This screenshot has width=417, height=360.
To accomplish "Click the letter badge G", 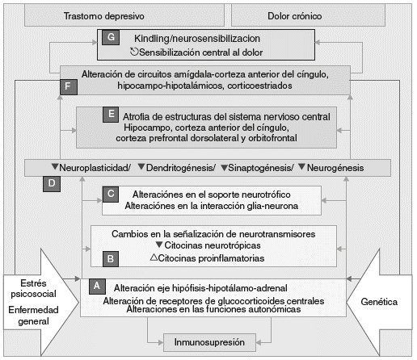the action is click(111, 37).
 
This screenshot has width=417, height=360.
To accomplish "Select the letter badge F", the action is click(69, 86).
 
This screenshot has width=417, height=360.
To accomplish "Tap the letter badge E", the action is click(111, 115).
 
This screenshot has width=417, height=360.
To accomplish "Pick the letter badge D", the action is click(52, 184).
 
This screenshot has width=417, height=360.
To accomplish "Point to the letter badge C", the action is click(111, 194).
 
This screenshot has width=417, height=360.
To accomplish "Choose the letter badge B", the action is click(111, 259).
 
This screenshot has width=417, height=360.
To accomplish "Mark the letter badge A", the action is click(97, 287).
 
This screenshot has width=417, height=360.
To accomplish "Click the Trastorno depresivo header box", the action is click(124, 16).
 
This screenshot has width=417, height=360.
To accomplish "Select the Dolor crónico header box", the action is click(308, 16).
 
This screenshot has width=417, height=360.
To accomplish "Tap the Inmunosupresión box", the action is click(209, 342).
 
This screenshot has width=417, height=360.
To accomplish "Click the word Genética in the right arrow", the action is click(379, 302).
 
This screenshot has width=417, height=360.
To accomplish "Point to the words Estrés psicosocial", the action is click(33, 288).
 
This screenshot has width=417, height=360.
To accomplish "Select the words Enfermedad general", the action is click(33, 316).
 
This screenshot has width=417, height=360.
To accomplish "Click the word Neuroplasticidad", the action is click(95, 168).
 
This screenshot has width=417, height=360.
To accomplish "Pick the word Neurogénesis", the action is click(335, 168).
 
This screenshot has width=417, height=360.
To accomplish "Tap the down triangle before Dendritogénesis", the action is click(141, 167).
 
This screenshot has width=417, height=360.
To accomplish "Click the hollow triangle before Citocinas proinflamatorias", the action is click(154, 257).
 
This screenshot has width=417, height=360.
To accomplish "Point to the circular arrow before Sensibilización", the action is click(134, 52).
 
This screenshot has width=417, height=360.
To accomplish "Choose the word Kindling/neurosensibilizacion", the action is click(197, 39).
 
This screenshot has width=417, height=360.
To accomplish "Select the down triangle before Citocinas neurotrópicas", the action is click(159, 245).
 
